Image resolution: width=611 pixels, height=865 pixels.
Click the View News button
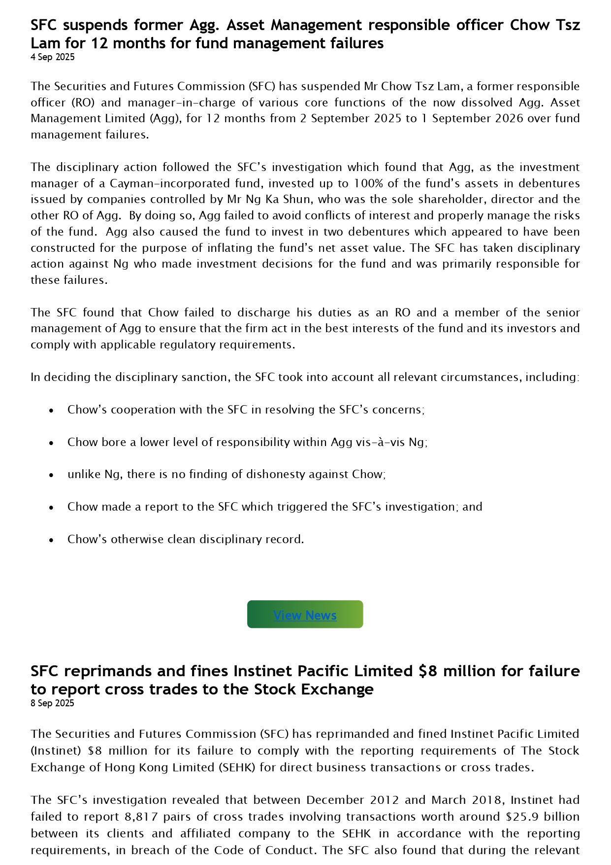(305, 615)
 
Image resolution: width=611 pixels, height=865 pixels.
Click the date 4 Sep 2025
(53, 57)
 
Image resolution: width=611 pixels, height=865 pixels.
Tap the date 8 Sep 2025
(52, 703)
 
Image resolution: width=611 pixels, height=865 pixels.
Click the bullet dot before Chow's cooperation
(51, 410)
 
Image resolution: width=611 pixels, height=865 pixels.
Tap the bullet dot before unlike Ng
(51, 475)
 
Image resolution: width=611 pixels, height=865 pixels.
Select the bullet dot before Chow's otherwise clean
(51, 540)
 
